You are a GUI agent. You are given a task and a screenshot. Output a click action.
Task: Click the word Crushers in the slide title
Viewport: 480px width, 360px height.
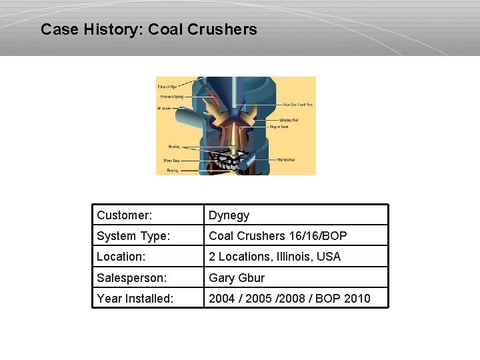(x=223, y=29)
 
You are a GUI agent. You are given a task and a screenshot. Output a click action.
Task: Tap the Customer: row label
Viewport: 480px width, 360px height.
(x=124, y=215)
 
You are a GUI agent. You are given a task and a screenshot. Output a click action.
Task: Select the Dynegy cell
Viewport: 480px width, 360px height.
(x=229, y=215)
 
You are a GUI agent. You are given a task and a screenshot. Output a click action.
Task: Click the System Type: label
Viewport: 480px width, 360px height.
(x=133, y=236)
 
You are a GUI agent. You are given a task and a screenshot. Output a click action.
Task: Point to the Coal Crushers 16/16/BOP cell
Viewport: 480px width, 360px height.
(x=277, y=236)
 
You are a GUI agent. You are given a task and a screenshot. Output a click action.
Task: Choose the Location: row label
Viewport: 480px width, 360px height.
(x=121, y=257)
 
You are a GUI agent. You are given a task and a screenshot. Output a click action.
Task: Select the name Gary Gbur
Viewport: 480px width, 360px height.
(x=237, y=278)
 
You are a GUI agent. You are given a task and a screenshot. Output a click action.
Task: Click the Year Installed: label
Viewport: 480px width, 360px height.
(x=135, y=299)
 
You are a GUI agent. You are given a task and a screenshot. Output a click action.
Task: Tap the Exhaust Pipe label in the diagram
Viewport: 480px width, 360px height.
(x=167, y=87)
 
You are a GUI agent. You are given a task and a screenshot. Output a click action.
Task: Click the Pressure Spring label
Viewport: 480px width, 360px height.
(x=171, y=97)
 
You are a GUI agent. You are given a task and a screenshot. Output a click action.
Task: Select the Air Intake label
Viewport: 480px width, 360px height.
(x=165, y=107)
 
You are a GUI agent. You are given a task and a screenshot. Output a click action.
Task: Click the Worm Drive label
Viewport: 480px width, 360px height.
(x=287, y=160)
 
